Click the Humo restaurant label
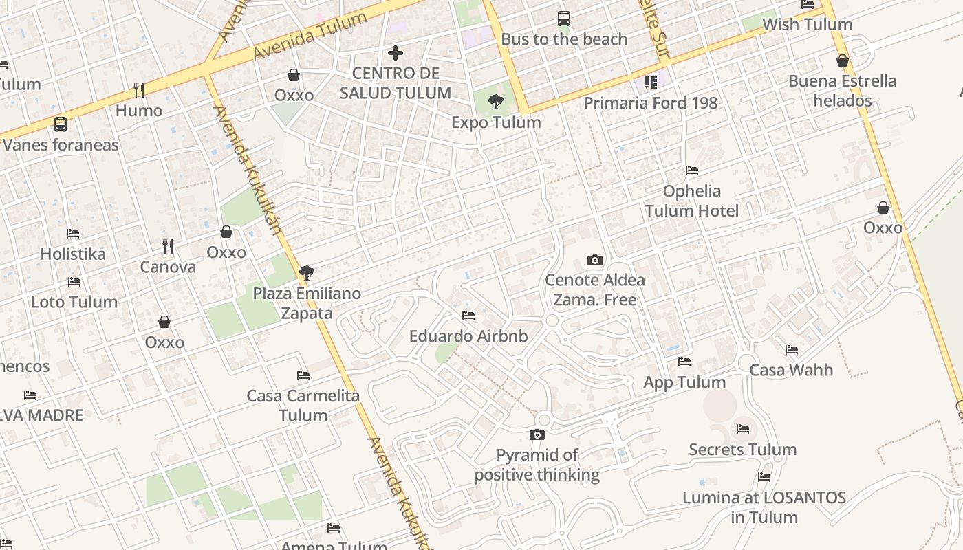click(139, 111)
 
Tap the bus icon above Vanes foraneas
click(61, 124)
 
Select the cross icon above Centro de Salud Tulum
click(396, 52)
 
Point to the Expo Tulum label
click(496, 122)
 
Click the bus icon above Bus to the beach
click(564, 19)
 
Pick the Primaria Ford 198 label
click(650, 103)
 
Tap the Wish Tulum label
click(807, 25)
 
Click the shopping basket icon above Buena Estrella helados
click(843, 60)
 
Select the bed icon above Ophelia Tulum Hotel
click(692, 170)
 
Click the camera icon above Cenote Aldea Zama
click(595, 260)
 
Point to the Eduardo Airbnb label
click(468, 336)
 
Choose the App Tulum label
click(684, 382)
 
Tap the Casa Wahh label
click(791, 370)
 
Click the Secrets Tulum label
click(743, 450)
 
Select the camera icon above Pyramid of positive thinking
click(537, 434)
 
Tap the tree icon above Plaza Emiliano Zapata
click(307, 273)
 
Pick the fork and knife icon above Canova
click(168, 246)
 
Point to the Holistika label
click(73, 254)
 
